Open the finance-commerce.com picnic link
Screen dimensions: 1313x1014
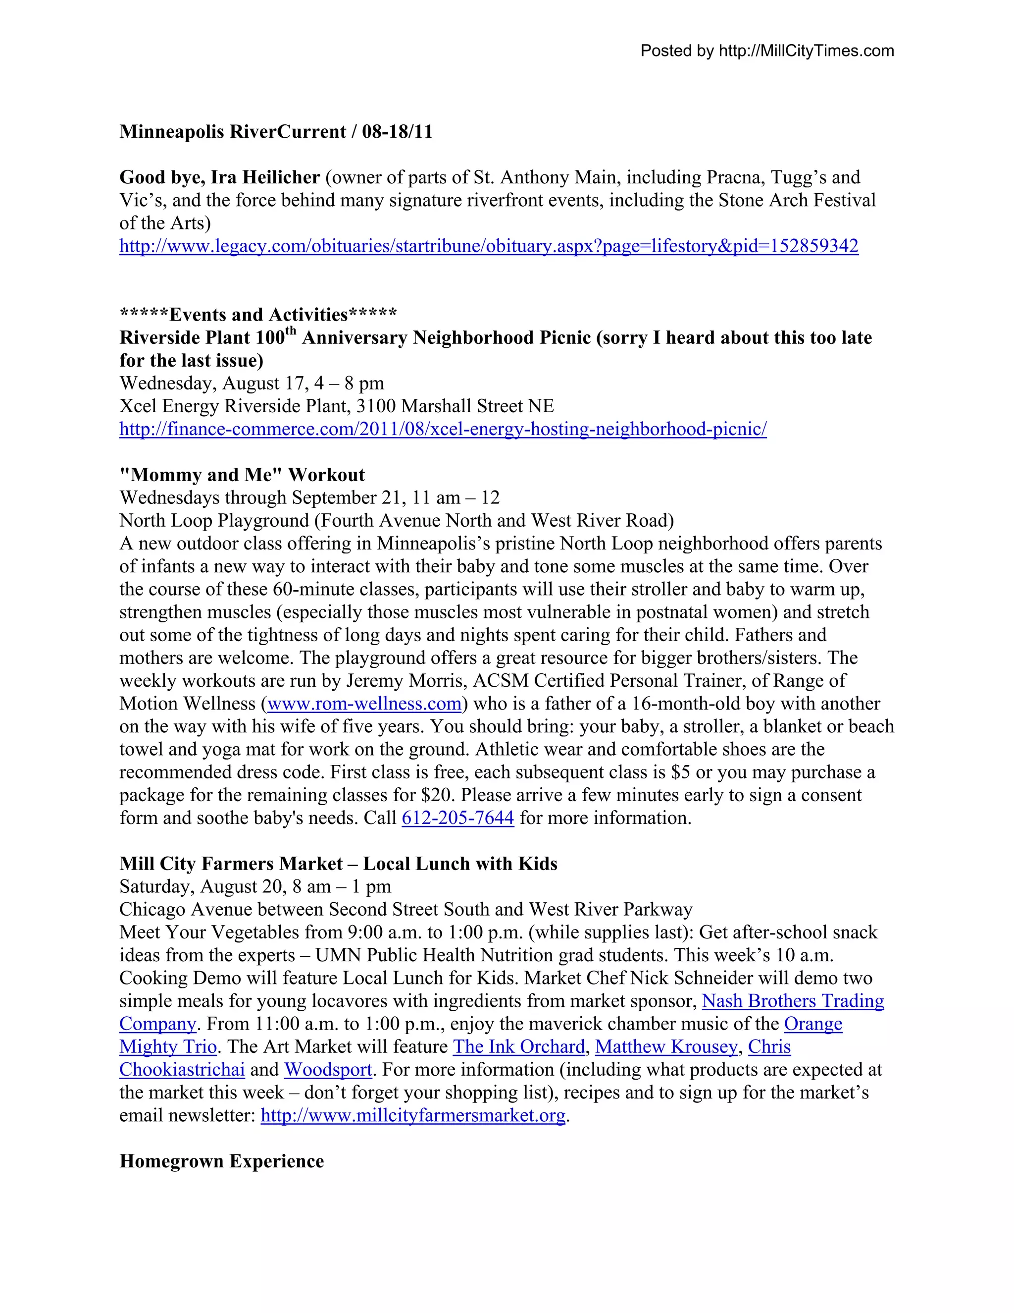pyautogui.click(x=443, y=429)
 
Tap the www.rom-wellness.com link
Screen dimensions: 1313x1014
pyautogui.click(x=364, y=704)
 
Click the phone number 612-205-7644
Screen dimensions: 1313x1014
pyautogui.click(x=458, y=818)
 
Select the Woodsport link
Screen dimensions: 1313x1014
pyautogui.click(x=328, y=1070)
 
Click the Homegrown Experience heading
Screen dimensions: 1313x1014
pyautogui.click(x=222, y=1161)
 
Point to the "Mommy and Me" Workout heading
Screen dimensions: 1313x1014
pyautogui.click(x=242, y=475)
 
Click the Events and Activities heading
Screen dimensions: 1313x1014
pyautogui.click(x=258, y=315)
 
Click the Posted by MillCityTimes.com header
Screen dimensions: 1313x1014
pyautogui.click(x=767, y=51)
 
